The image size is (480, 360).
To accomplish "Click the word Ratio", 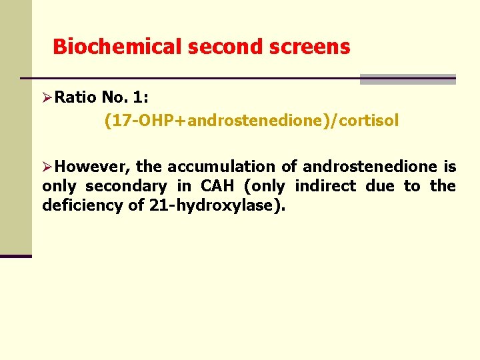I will pos(76,98).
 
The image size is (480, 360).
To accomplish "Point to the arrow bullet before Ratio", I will pos(47,98).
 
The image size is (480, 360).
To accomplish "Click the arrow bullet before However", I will pos(47,167).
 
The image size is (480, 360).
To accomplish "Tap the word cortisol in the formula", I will pos(369,121).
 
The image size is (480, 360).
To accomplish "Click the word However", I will pos(93,167).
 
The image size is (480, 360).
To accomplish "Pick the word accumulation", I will pos(226,167).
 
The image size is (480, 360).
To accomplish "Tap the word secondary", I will pos(126,186).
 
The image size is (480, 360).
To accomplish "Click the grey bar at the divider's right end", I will pos(407,79).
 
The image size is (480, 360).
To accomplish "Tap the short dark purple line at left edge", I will pos(16,256).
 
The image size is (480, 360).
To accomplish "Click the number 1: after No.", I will pos(141,98).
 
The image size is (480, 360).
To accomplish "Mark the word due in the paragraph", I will pos(380,186).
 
